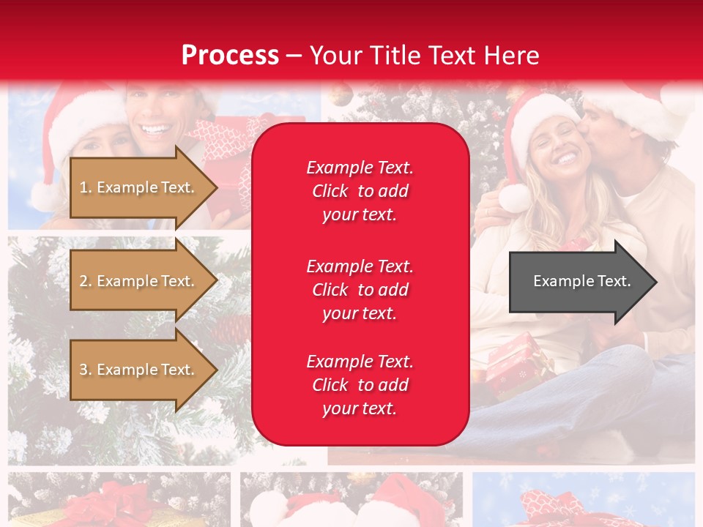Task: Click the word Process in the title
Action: pyautogui.click(x=230, y=55)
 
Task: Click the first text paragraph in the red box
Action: pyautogui.click(x=360, y=191)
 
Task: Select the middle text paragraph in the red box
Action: pyautogui.click(x=360, y=290)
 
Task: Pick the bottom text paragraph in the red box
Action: pyautogui.click(x=360, y=385)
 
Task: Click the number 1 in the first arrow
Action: pyautogui.click(x=83, y=187)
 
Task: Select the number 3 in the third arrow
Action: pyautogui.click(x=83, y=370)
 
